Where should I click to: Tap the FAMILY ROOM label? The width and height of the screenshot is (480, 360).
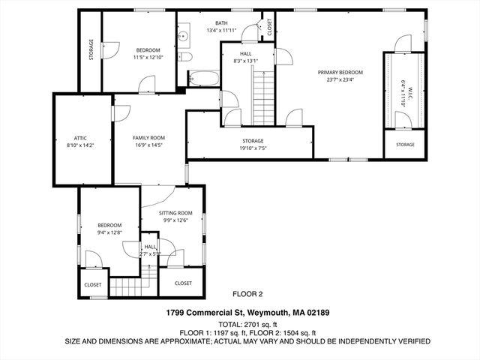pos(148,138)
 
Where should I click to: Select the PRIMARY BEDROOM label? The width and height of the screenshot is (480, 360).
pos(340,72)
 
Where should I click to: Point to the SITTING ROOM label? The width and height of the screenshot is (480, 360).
pos(176,213)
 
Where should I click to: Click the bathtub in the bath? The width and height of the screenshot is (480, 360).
pos(202,77)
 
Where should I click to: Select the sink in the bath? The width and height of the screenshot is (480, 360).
pos(182,34)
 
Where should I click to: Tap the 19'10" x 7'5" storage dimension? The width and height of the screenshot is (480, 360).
pos(252,148)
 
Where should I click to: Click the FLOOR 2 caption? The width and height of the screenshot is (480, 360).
pos(248,294)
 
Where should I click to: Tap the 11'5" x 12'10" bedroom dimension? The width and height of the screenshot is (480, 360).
pos(138,57)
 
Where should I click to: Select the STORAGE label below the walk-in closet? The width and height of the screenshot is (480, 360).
pos(405,144)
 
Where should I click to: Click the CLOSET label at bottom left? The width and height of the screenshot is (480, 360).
pos(93,285)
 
